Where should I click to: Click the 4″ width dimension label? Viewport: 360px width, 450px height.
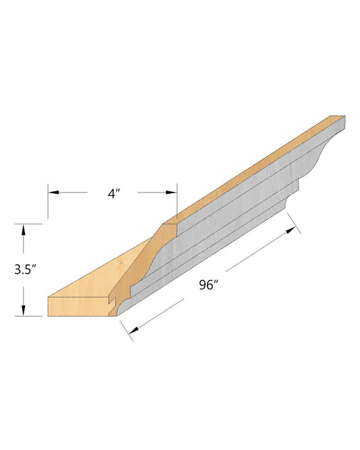113,194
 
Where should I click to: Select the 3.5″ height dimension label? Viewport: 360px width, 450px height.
26,270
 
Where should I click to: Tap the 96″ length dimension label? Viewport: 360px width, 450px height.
209,285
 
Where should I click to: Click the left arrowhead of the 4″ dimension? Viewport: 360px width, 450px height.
53,192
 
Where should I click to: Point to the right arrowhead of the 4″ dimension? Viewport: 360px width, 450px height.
172,193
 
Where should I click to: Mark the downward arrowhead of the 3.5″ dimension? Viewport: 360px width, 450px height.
23,310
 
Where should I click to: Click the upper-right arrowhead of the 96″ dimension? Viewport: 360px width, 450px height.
291,230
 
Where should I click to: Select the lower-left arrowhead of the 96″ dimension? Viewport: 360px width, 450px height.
134,330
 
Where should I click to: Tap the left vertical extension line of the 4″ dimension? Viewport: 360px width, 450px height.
48,201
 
